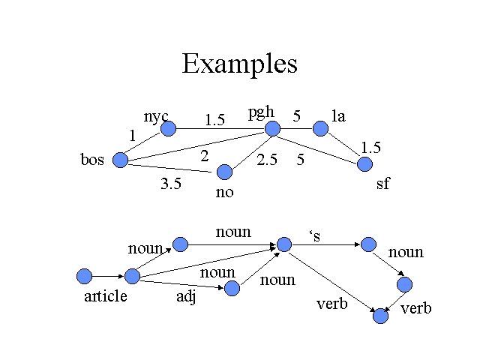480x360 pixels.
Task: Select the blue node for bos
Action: (120, 160)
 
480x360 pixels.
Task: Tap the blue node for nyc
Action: (168, 129)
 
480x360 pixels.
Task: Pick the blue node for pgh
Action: (272, 129)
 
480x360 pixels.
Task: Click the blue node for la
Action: (321, 129)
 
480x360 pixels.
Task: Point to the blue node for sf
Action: (364, 164)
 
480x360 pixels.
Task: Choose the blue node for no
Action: (224, 172)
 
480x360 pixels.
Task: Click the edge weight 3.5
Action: (171, 184)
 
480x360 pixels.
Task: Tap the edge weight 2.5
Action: (268, 160)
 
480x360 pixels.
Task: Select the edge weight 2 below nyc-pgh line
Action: (204, 156)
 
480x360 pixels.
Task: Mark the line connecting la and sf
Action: (343, 146)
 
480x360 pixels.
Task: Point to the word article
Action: (106, 296)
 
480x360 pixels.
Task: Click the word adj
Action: (185, 296)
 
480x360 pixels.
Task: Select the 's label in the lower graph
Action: (315, 236)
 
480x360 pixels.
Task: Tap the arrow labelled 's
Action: (326, 244)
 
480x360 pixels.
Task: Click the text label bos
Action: (92, 160)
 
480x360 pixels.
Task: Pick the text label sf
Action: (382, 184)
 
